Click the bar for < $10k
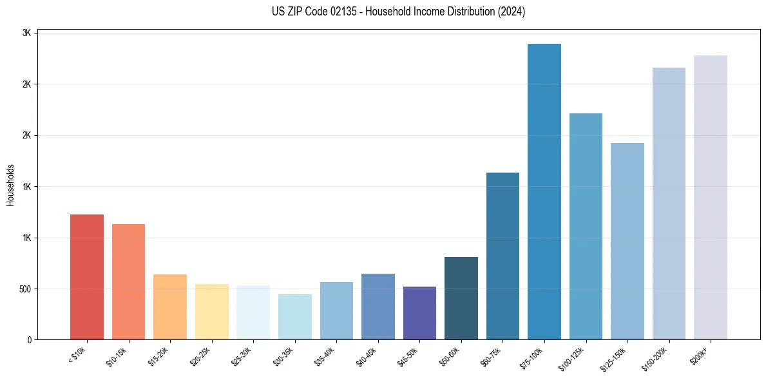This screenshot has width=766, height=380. (86, 277)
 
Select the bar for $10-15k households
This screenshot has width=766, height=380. (128, 281)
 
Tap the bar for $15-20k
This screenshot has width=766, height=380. (170, 307)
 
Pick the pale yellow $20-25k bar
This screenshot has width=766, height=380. (211, 312)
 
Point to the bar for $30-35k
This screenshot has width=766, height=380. (294, 317)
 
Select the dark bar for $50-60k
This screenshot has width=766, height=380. (461, 298)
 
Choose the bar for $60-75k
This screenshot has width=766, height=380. (503, 256)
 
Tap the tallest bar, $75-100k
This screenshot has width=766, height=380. (544, 191)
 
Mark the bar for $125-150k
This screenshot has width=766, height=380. (627, 241)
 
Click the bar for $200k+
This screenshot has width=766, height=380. (711, 197)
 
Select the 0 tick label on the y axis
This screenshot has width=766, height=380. (30, 339)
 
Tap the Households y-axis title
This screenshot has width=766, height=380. (10, 185)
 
